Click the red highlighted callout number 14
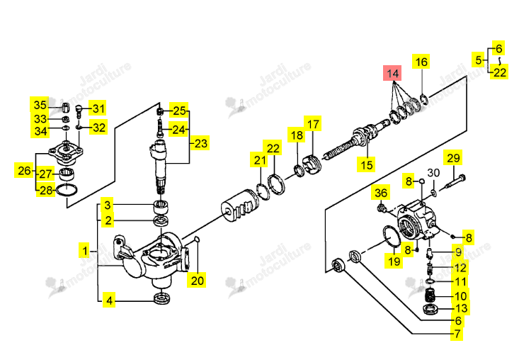(392, 73)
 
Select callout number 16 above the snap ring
(421, 62)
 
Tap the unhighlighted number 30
(433, 172)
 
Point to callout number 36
(381, 193)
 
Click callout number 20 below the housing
(198, 281)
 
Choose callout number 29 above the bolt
(453, 157)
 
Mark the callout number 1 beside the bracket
(86, 251)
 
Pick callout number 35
(40, 105)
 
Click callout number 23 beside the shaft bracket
(200, 143)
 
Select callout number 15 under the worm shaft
(366, 164)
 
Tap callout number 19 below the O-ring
(394, 261)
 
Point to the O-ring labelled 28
(67, 190)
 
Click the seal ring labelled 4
(162, 298)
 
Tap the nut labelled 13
(430, 309)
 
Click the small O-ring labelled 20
(197, 239)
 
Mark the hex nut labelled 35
(65, 107)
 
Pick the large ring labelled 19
(392, 236)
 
